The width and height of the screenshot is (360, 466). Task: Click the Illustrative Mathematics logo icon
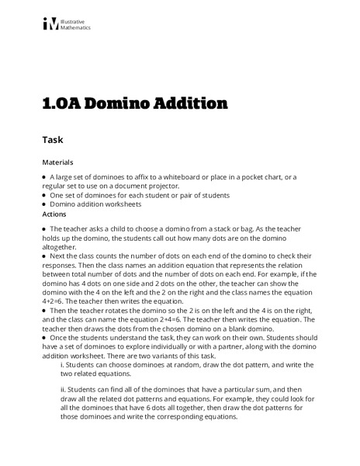click(x=50, y=24)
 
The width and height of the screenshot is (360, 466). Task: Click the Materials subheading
click(x=59, y=163)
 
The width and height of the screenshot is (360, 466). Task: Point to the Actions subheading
click(x=55, y=214)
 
